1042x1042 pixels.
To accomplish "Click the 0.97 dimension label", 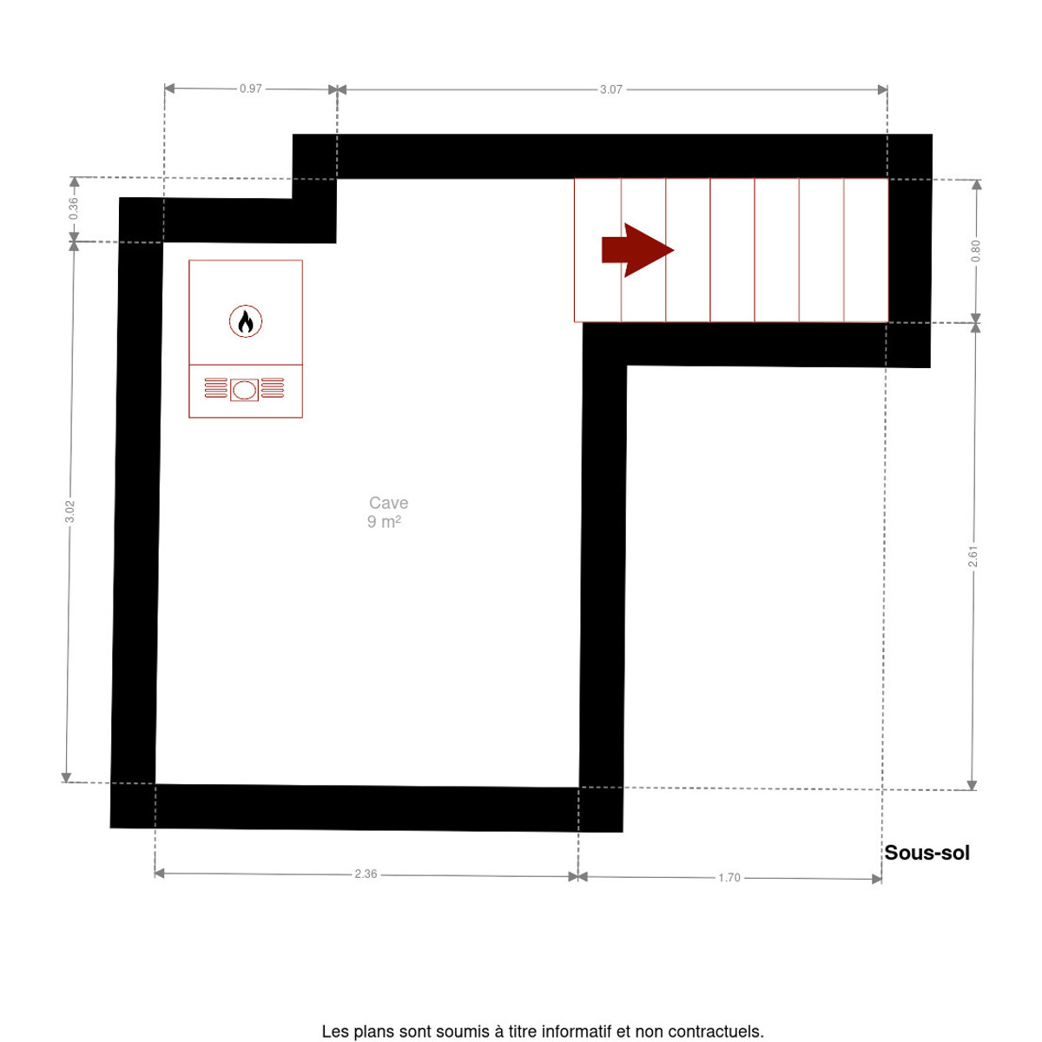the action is point(250,89).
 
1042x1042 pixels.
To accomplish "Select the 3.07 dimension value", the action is point(610,89).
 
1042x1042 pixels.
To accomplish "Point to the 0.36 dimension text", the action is point(74,208).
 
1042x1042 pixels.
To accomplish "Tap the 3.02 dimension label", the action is point(69,511).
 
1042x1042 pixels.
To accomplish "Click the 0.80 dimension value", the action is point(975,251).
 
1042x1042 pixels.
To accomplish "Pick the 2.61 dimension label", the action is point(973,557).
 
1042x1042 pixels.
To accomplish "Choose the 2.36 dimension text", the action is point(366,874).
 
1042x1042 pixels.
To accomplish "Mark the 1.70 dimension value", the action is point(729,878).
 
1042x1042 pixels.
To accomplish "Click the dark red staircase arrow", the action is point(637,250).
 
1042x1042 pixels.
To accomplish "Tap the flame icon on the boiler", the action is point(246,322).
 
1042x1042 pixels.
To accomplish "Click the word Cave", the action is point(388,503).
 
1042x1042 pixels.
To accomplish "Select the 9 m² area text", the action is point(384,522).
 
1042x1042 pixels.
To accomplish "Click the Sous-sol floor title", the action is point(927,853).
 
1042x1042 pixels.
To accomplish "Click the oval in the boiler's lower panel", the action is point(244,390).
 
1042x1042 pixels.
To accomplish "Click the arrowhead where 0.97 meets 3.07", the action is point(337,89).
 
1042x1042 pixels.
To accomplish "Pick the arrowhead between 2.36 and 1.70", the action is point(578,876).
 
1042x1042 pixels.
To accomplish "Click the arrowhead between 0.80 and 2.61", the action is point(975,323).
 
